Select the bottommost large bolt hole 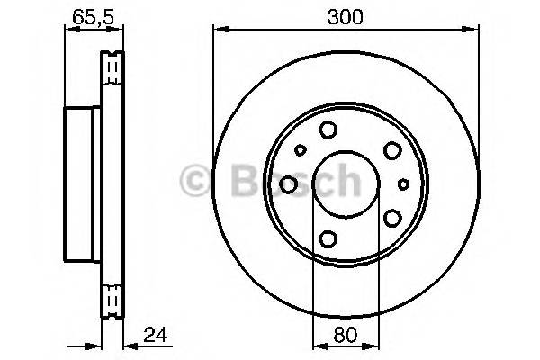pyautogui.click(x=328, y=238)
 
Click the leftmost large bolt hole pyautogui.click(x=289, y=184)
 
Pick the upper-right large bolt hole pyautogui.click(x=392, y=150)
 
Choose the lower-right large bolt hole pyautogui.click(x=392, y=217)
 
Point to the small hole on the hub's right pyautogui.click(x=404, y=184)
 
